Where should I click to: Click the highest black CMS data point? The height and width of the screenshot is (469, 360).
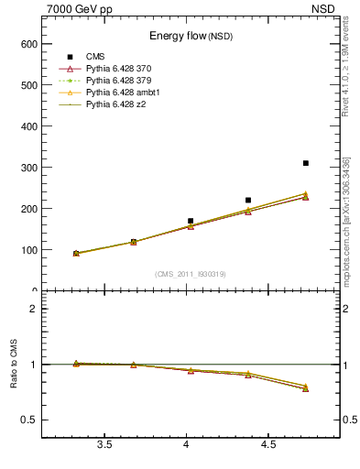tap(305, 163)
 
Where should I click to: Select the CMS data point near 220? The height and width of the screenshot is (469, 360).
tap(248, 200)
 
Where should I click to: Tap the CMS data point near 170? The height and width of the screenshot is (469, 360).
tap(191, 221)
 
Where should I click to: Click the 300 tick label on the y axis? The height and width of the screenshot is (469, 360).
tap(28, 168)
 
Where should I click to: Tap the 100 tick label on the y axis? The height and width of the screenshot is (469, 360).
tap(28, 250)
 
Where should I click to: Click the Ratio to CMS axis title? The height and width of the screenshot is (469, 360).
tap(13, 364)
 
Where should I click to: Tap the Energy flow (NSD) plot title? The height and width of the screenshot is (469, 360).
tap(191, 36)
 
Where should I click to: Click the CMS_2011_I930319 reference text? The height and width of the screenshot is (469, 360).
tap(191, 273)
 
